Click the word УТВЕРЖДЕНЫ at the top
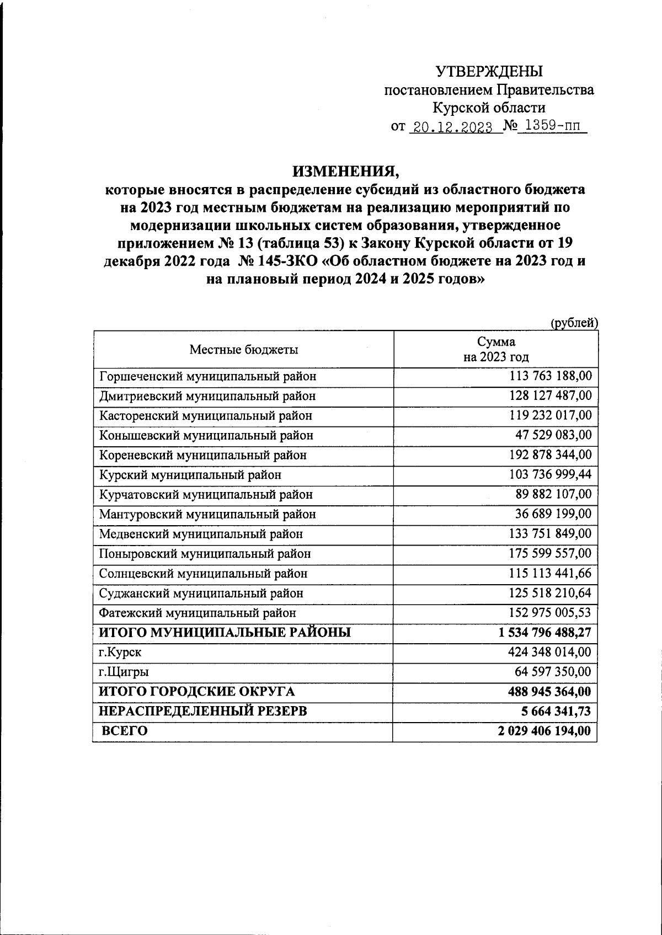pos(489,72)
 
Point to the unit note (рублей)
pos(574,323)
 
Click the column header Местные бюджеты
pos(244,350)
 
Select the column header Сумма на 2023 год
pos(496,349)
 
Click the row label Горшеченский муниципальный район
pos(208,377)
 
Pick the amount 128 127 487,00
pos(550,396)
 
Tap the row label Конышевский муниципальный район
pos(206,435)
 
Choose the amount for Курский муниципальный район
pos(550,474)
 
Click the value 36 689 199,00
pos(553,514)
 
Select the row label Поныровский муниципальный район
pos(205,554)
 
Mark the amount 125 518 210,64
pos(550,593)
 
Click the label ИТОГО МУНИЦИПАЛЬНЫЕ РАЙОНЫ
pos(225,633)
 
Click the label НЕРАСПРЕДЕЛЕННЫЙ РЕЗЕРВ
pos(202,712)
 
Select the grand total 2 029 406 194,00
pos(544,731)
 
